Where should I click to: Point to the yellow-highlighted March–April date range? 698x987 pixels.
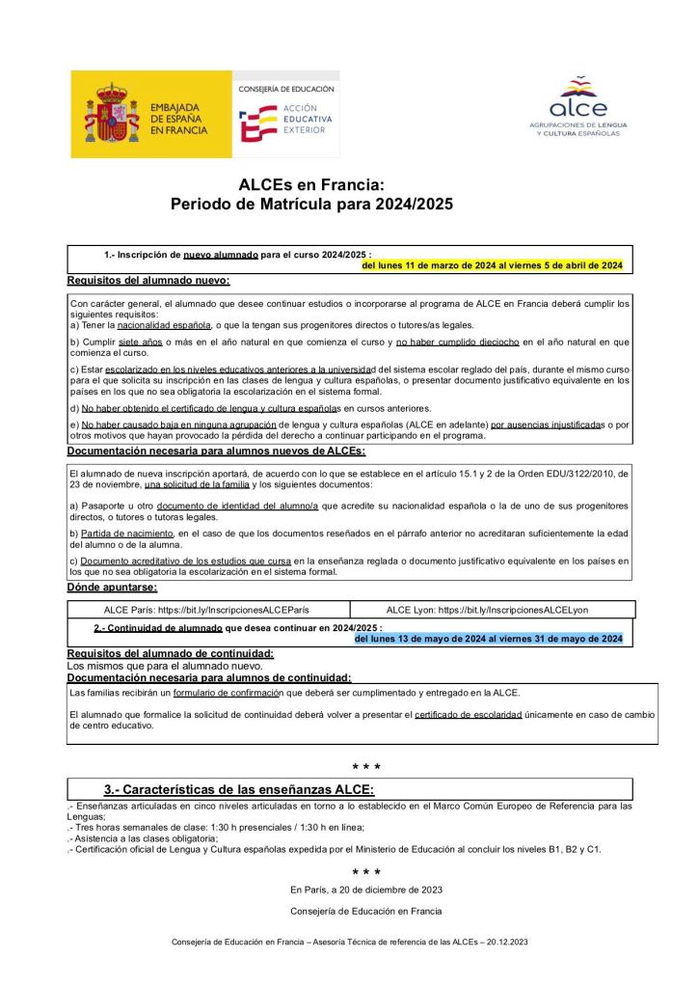click(x=492, y=264)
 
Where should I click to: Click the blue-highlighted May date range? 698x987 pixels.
click(x=488, y=639)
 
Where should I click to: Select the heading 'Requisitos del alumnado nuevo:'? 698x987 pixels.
click(x=148, y=281)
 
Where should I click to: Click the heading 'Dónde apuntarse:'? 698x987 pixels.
click(x=112, y=588)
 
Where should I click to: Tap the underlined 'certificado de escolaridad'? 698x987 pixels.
click(x=469, y=714)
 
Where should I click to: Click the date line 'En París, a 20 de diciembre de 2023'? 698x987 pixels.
click(x=366, y=890)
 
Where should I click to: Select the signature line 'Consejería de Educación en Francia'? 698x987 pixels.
click(x=366, y=911)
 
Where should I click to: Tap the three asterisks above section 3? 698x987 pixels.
click(x=366, y=768)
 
